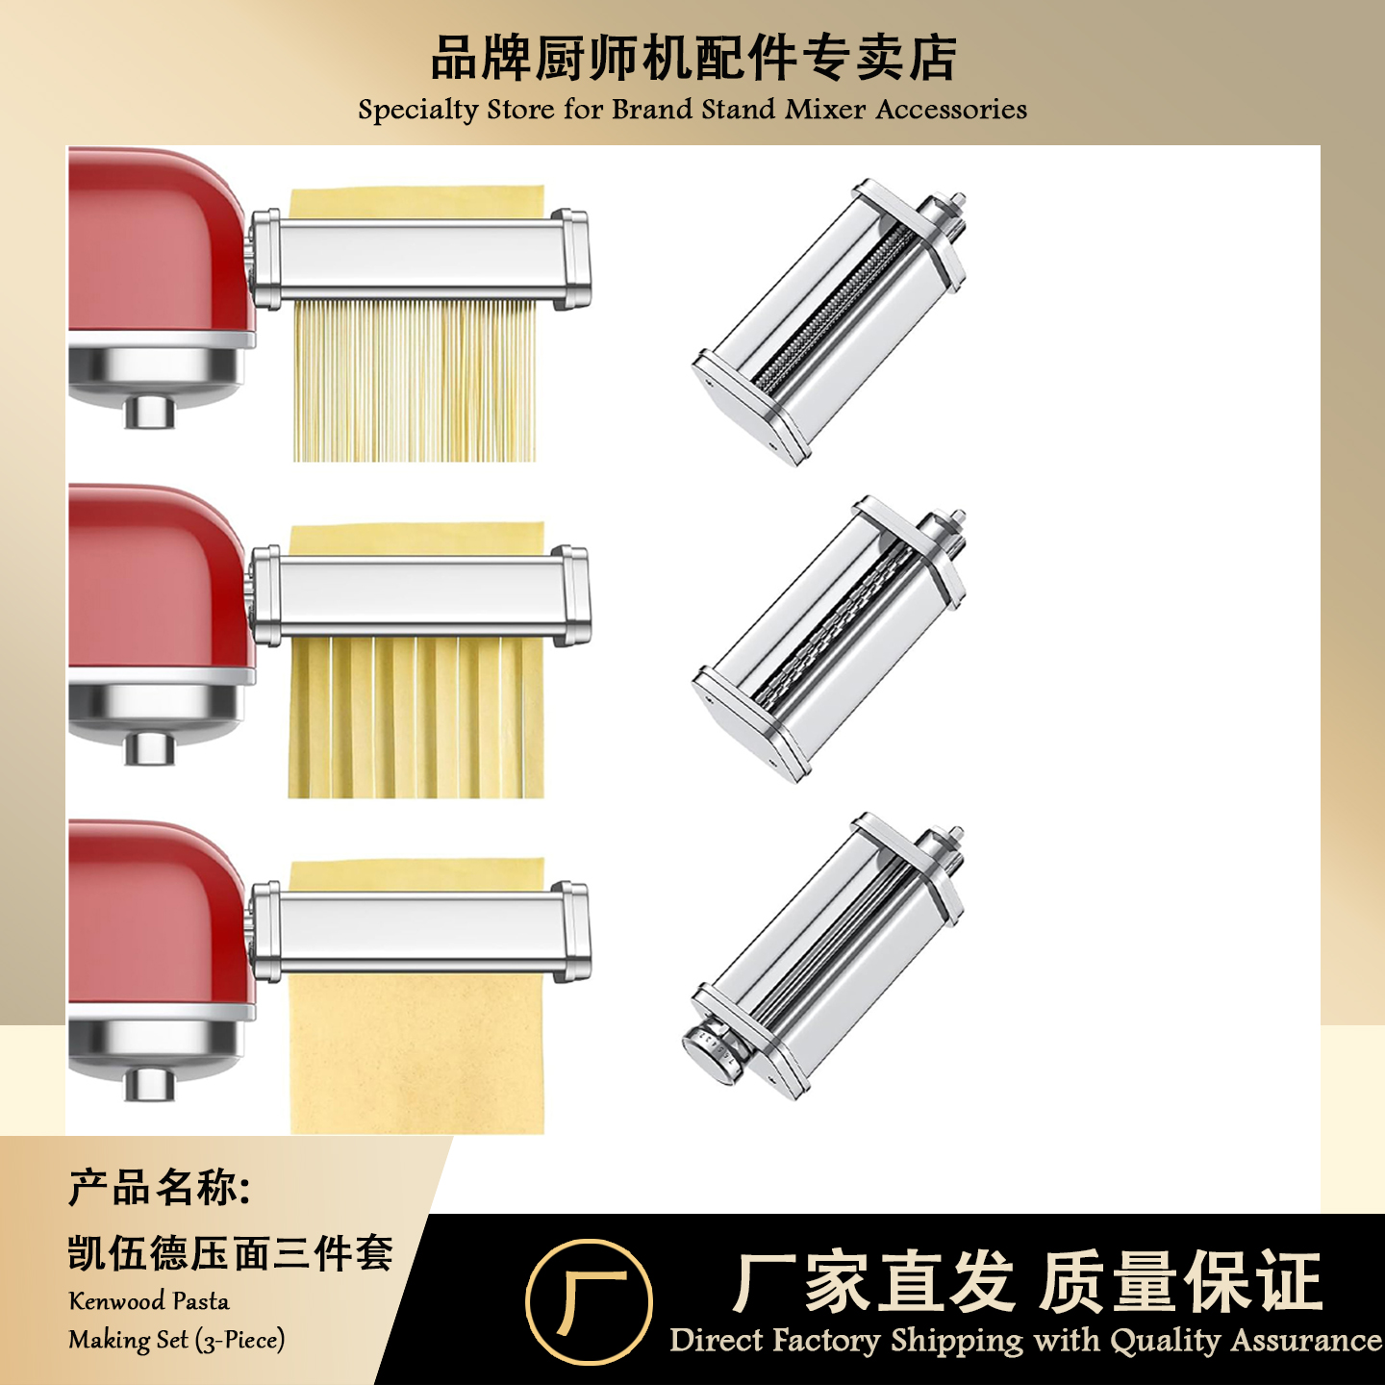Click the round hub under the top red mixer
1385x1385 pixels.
(150, 411)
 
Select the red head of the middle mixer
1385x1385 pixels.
(154, 577)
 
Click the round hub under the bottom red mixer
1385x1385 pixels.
(150, 1084)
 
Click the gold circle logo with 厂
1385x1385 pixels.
(589, 1301)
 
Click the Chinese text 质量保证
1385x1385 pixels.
(1181, 1282)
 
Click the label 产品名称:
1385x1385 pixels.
(160, 1189)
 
